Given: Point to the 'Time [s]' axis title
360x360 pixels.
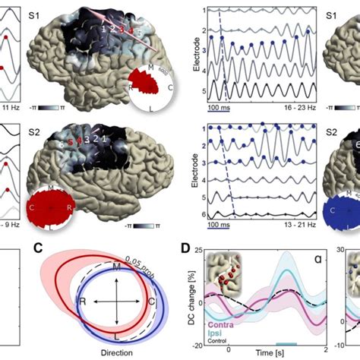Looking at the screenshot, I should tap(265, 354).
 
